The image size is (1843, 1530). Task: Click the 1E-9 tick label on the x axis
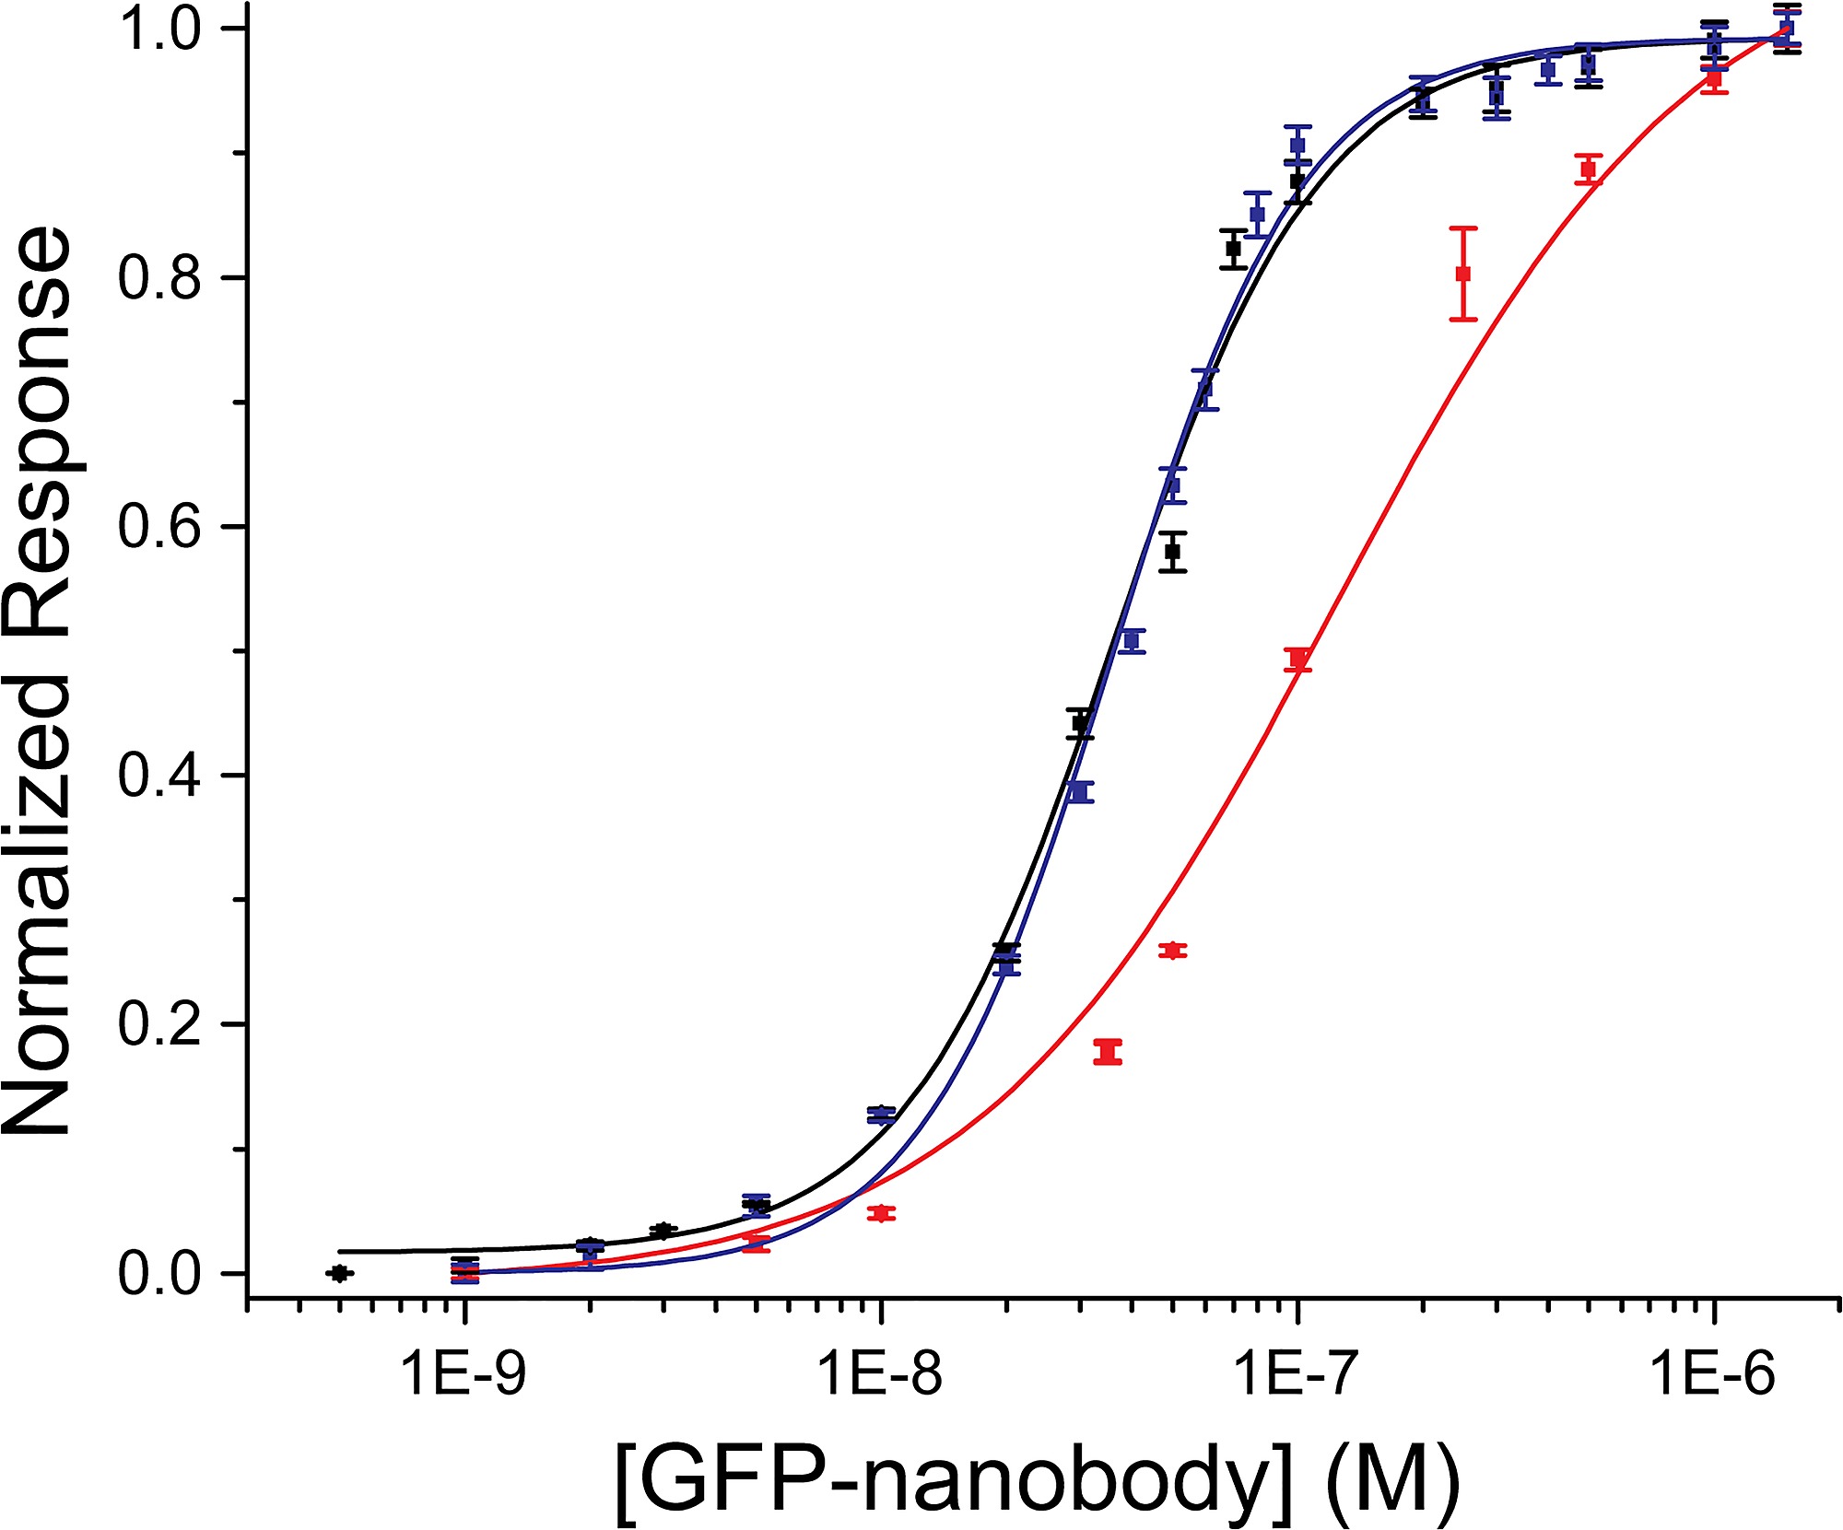coord(464,1375)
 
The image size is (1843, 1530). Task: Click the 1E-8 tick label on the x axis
coord(880,1375)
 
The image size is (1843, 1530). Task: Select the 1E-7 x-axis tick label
coord(1297,1375)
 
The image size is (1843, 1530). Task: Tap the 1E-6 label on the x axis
coord(1712,1375)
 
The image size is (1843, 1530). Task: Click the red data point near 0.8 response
coord(1463,274)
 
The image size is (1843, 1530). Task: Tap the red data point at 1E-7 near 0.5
coord(1298,659)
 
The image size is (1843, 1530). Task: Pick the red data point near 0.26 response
coord(1173,951)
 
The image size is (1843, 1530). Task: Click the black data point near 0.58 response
coord(1173,552)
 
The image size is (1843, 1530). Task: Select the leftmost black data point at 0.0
coord(339,1273)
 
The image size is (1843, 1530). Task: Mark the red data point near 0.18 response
coord(1108,1052)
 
